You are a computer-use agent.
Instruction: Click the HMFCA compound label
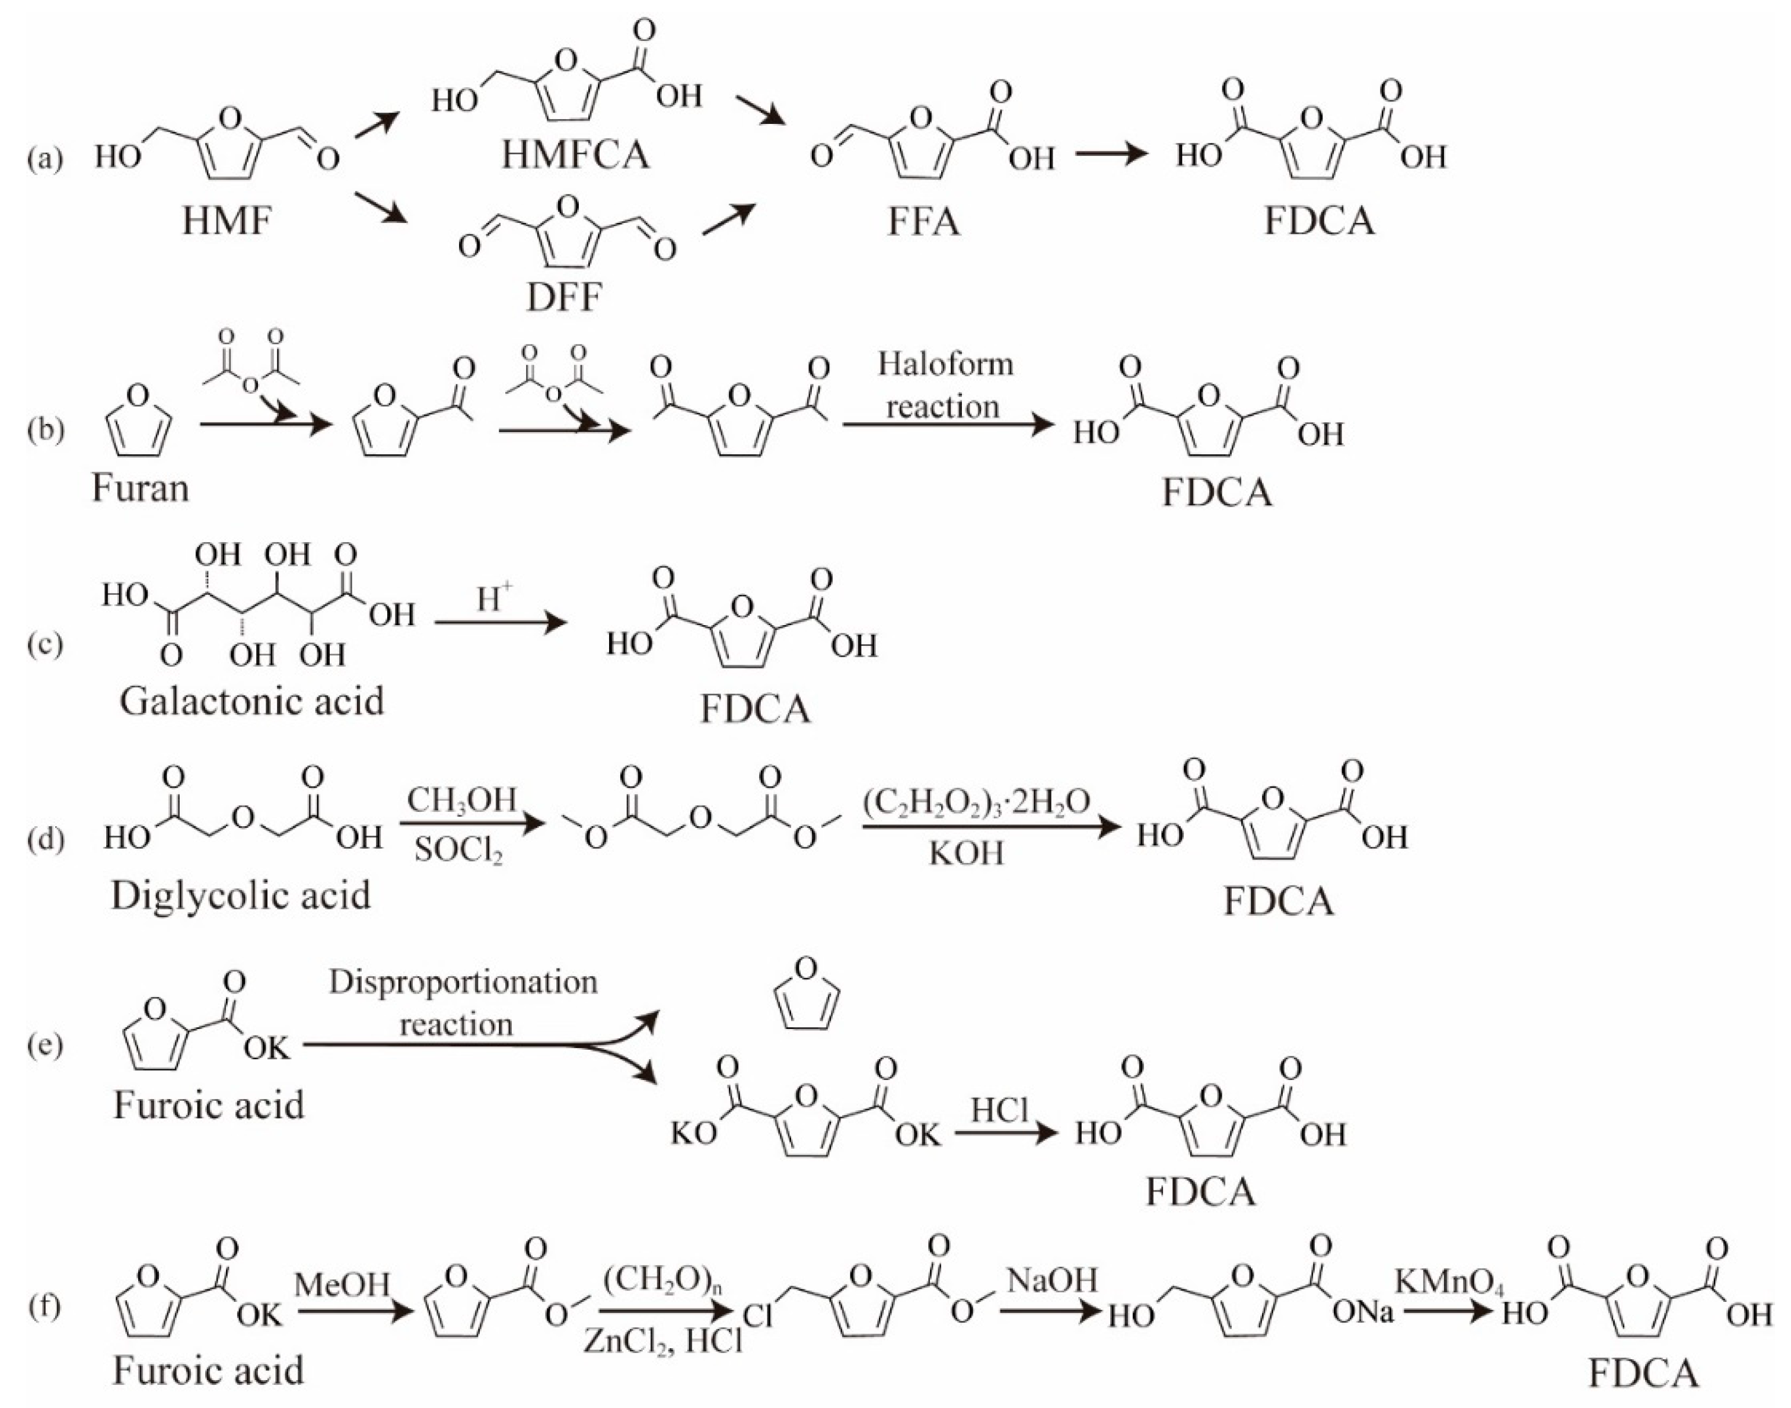pyautogui.click(x=575, y=154)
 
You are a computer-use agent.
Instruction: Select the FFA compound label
pyautogui.click(x=923, y=221)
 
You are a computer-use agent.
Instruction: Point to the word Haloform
pyautogui.click(x=945, y=364)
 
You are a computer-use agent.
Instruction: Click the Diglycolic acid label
pyautogui.click(x=241, y=895)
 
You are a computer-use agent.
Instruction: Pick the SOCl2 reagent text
pyautogui.click(x=458, y=850)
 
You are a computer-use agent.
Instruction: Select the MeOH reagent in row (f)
pyautogui.click(x=342, y=1283)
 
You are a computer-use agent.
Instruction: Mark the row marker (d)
pyautogui.click(x=44, y=839)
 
